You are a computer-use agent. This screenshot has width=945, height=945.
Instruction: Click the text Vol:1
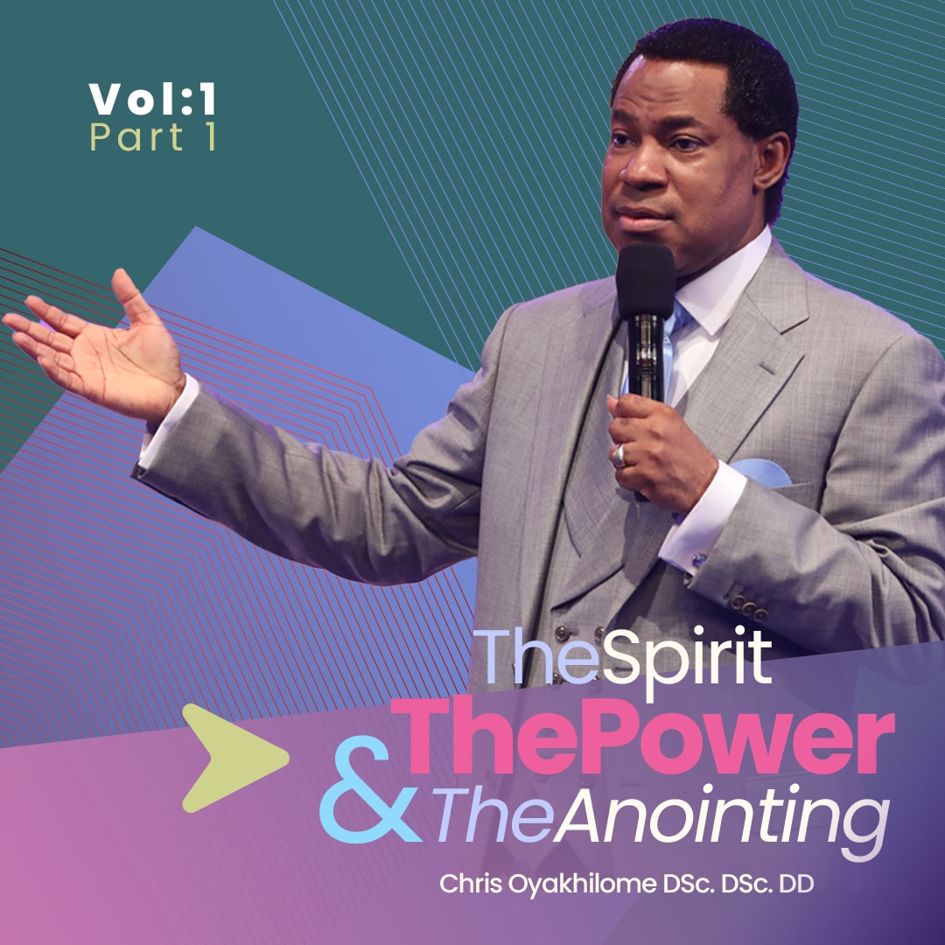pos(152,101)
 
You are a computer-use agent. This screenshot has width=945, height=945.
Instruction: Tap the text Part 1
pos(152,139)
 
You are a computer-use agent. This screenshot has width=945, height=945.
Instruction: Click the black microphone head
pos(646,279)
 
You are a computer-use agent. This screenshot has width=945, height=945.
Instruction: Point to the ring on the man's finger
pos(619,456)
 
